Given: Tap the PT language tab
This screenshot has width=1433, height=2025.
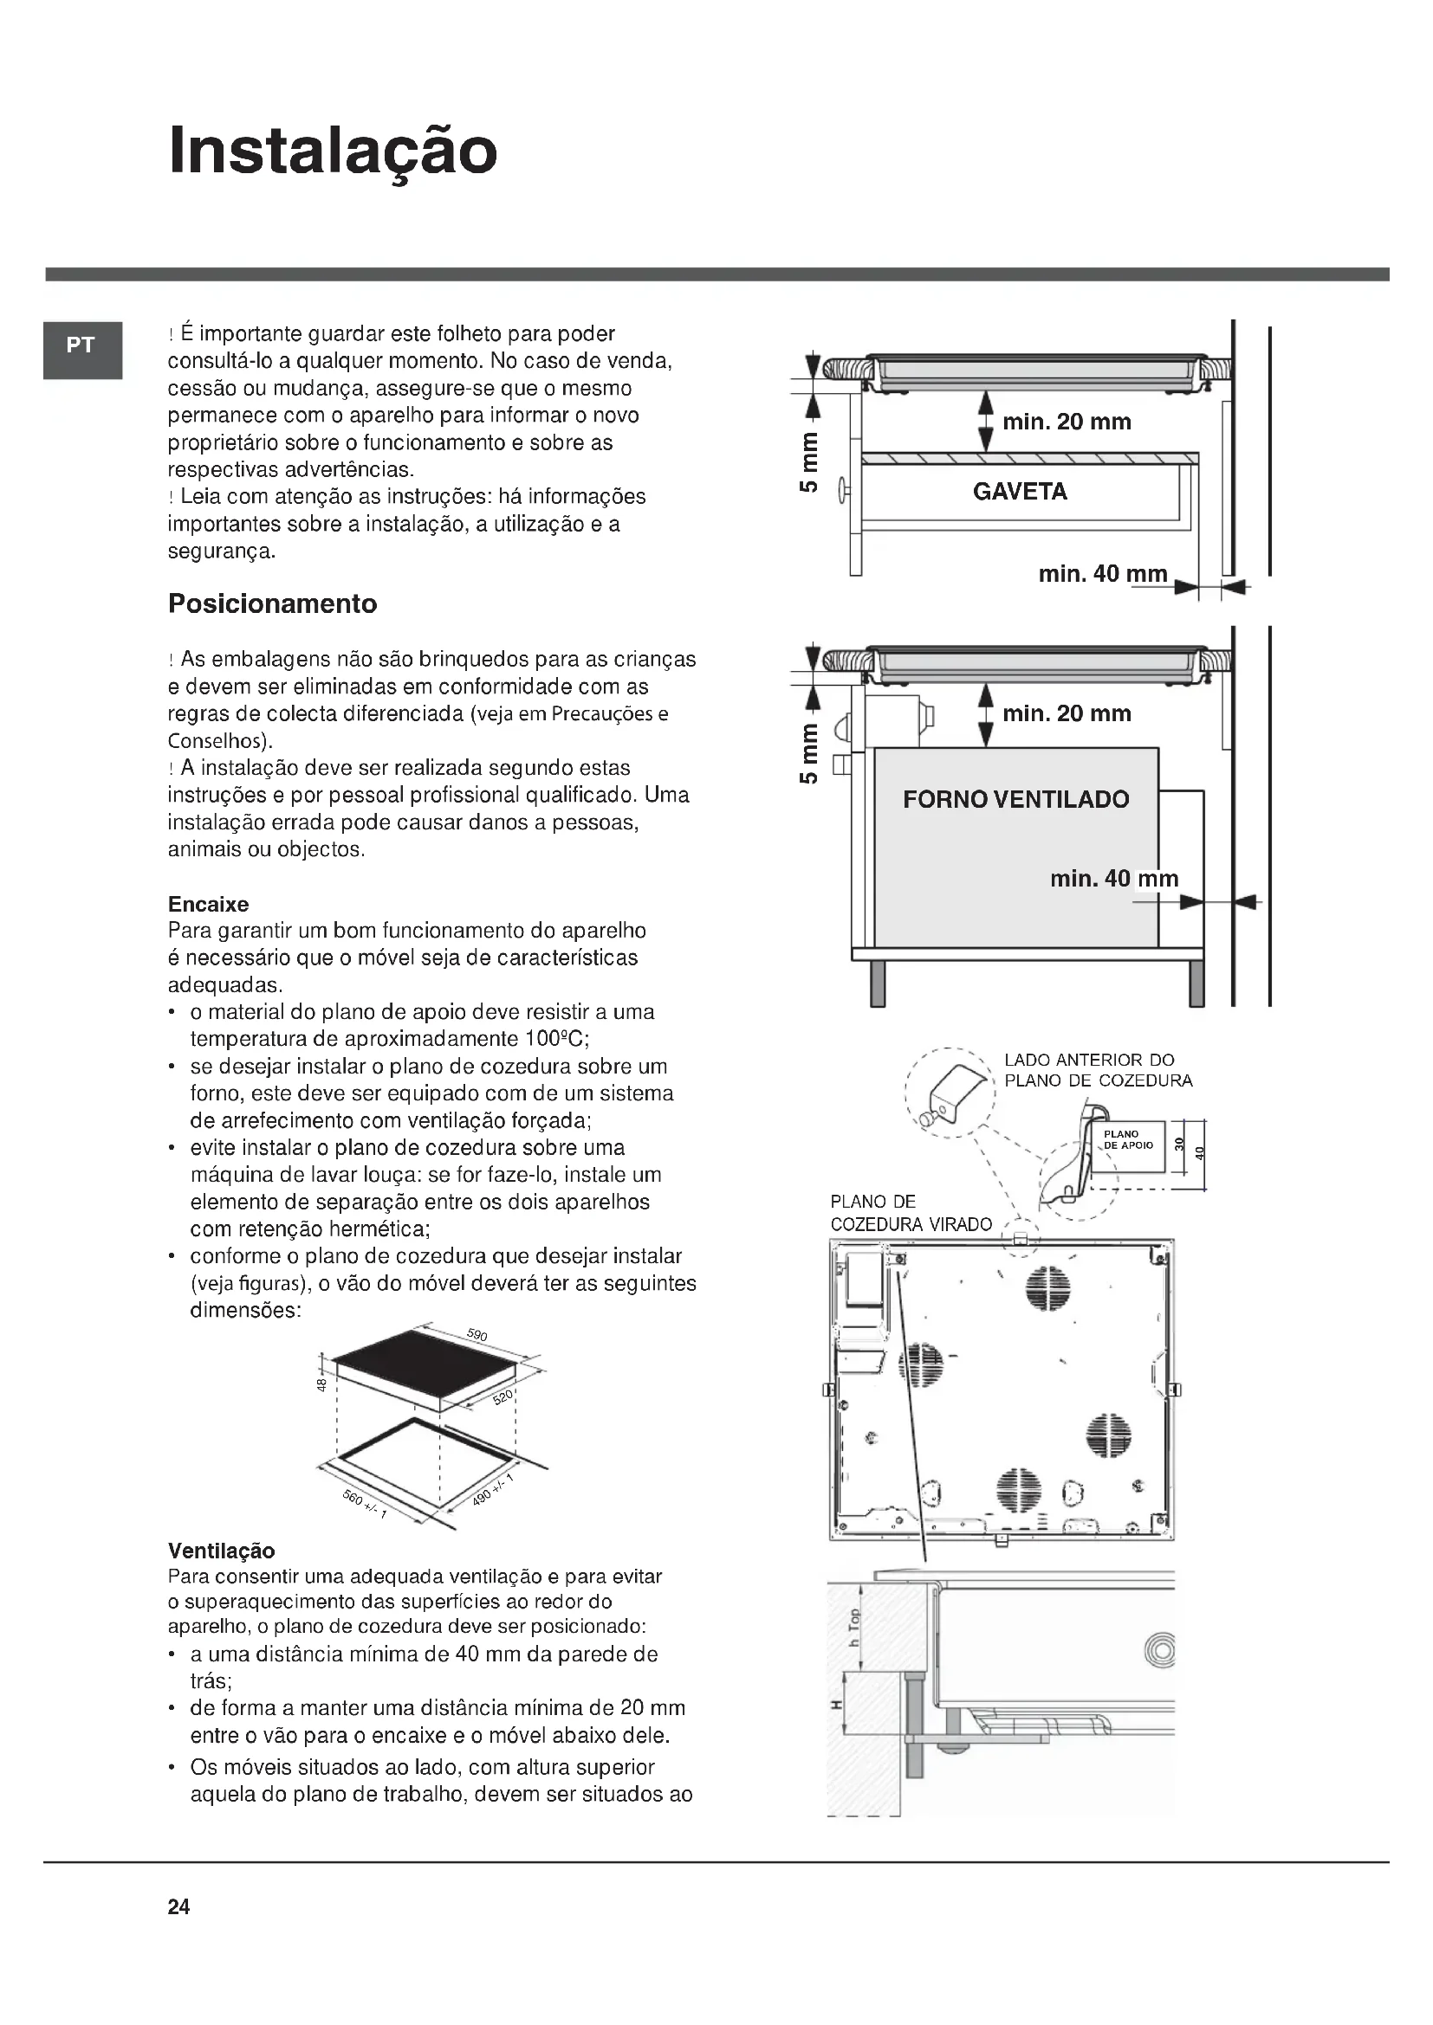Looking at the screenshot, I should pos(81,345).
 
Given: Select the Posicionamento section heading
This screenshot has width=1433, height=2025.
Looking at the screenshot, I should pos(272,604).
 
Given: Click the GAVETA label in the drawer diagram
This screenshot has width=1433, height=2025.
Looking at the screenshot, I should pos(1019,492).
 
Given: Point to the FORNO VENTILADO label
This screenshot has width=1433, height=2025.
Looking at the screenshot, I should pos(1015,800).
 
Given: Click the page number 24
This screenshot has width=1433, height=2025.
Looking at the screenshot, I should pos(178,1908).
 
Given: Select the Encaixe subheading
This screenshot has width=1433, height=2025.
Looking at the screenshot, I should pos(208,904).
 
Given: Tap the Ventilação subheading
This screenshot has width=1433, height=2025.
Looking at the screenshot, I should pos(222,1551).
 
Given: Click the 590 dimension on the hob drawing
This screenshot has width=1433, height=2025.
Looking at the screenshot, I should pos(477,1334).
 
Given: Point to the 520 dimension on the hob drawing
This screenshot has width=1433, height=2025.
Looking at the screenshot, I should pos(503,1398).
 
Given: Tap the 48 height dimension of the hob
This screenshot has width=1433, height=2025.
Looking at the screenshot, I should pos(322,1384).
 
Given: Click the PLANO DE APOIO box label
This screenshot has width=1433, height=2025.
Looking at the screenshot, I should pos(1128,1140).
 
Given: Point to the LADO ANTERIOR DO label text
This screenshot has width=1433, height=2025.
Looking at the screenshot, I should pos(1089,1061).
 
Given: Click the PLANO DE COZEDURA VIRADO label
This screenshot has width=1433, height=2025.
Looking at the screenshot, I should pos(911,1213).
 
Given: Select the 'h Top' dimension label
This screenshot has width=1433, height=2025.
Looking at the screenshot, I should pos(853,1628).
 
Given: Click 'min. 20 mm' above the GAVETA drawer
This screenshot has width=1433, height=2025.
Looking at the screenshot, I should pos(1066,422).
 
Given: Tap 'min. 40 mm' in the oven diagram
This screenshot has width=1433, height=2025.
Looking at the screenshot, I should pos(1113,880).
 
